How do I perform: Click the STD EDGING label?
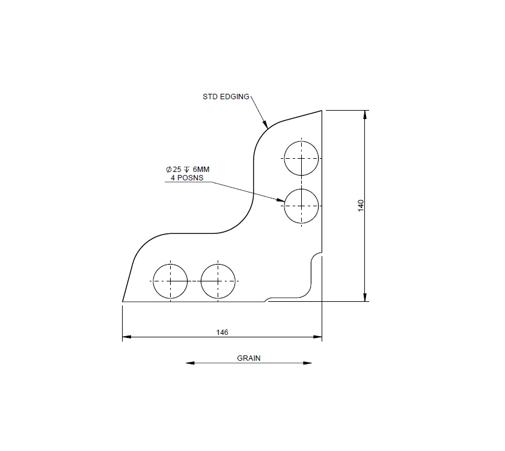point(226,96)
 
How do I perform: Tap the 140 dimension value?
point(361,205)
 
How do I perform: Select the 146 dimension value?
point(222,332)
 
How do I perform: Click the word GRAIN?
point(248,358)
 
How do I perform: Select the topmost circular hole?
point(302,158)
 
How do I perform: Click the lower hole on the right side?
point(302,206)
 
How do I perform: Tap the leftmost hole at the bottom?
point(170,281)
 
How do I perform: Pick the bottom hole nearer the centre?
point(218,281)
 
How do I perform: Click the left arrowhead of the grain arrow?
point(189,363)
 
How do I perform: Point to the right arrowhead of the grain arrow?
point(308,363)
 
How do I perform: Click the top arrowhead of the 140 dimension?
point(365,114)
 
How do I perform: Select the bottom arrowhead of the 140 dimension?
point(365,297)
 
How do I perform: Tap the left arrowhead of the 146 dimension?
point(126,337)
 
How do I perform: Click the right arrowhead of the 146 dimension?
point(318,337)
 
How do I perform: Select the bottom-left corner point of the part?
point(123,301)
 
